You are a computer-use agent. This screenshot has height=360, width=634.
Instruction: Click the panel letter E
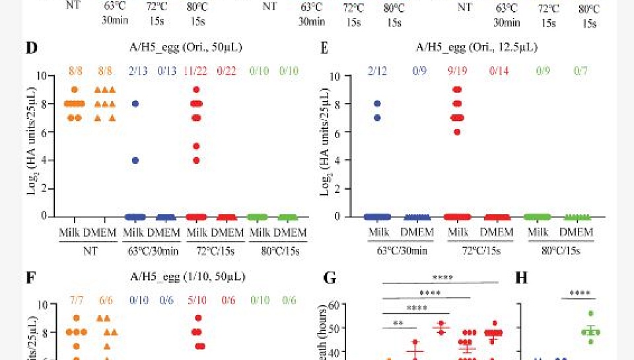coord(324,50)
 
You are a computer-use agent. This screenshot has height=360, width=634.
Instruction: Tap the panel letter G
coord(330,278)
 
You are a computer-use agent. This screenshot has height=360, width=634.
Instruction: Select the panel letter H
coord(522,278)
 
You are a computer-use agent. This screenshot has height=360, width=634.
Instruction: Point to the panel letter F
coord(30,278)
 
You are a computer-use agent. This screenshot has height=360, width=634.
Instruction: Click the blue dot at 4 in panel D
coord(135,160)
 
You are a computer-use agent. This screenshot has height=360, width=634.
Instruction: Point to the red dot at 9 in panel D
coord(197,89)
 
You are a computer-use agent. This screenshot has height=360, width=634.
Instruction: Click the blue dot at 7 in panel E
coord(377,118)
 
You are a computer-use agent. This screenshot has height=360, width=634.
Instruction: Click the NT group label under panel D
coord(88,250)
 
